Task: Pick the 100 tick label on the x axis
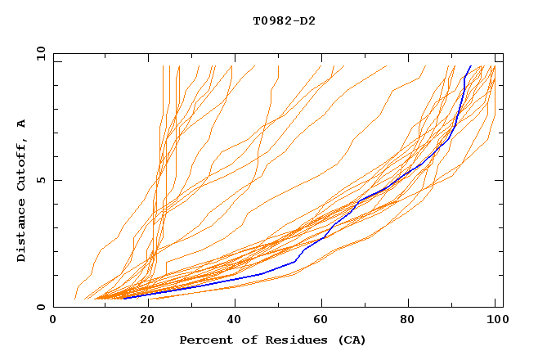pyautogui.click(x=495, y=320)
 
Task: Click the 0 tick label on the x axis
pyautogui.click(x=54, y=320)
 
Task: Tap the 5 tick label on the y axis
pyautogui.click(x=39, y=180)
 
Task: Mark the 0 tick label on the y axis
pyautogui.click(x=39, y=307)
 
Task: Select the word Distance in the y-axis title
pyautogui.click(x=22, y=232)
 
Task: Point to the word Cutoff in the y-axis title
pyautogui.click(x=22, y=162)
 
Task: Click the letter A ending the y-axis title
pyautogui.click(x=22, y=124)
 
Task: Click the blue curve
pyautogui.click(x=360, y=199)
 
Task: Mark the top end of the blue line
pyautogui.click(x=470, y=66)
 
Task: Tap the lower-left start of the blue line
pyautogui.click(x=124, y=298)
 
